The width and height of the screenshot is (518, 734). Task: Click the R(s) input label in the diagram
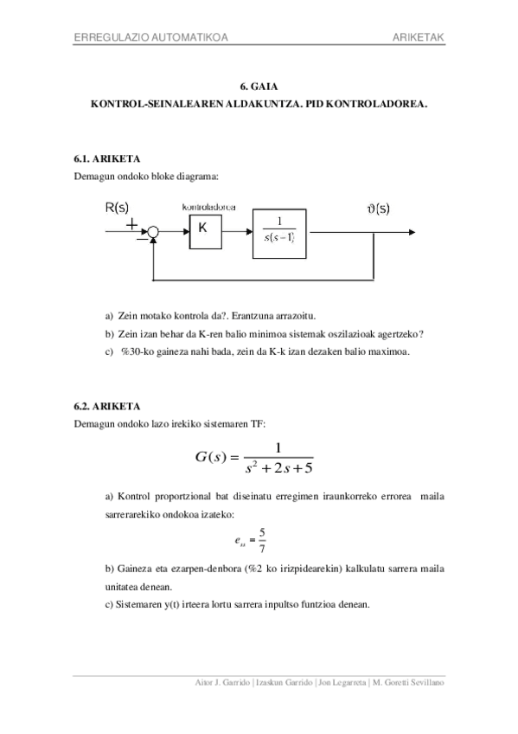tap(117, 208)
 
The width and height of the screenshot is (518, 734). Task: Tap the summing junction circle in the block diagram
tap(153, 231)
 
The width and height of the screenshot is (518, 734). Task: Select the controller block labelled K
tap(204, 229)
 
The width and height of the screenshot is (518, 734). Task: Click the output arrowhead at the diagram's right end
tap(417, 231)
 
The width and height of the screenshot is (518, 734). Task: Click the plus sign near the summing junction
tap(132, 223)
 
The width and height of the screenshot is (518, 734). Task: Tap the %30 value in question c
tap(130, 353)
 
